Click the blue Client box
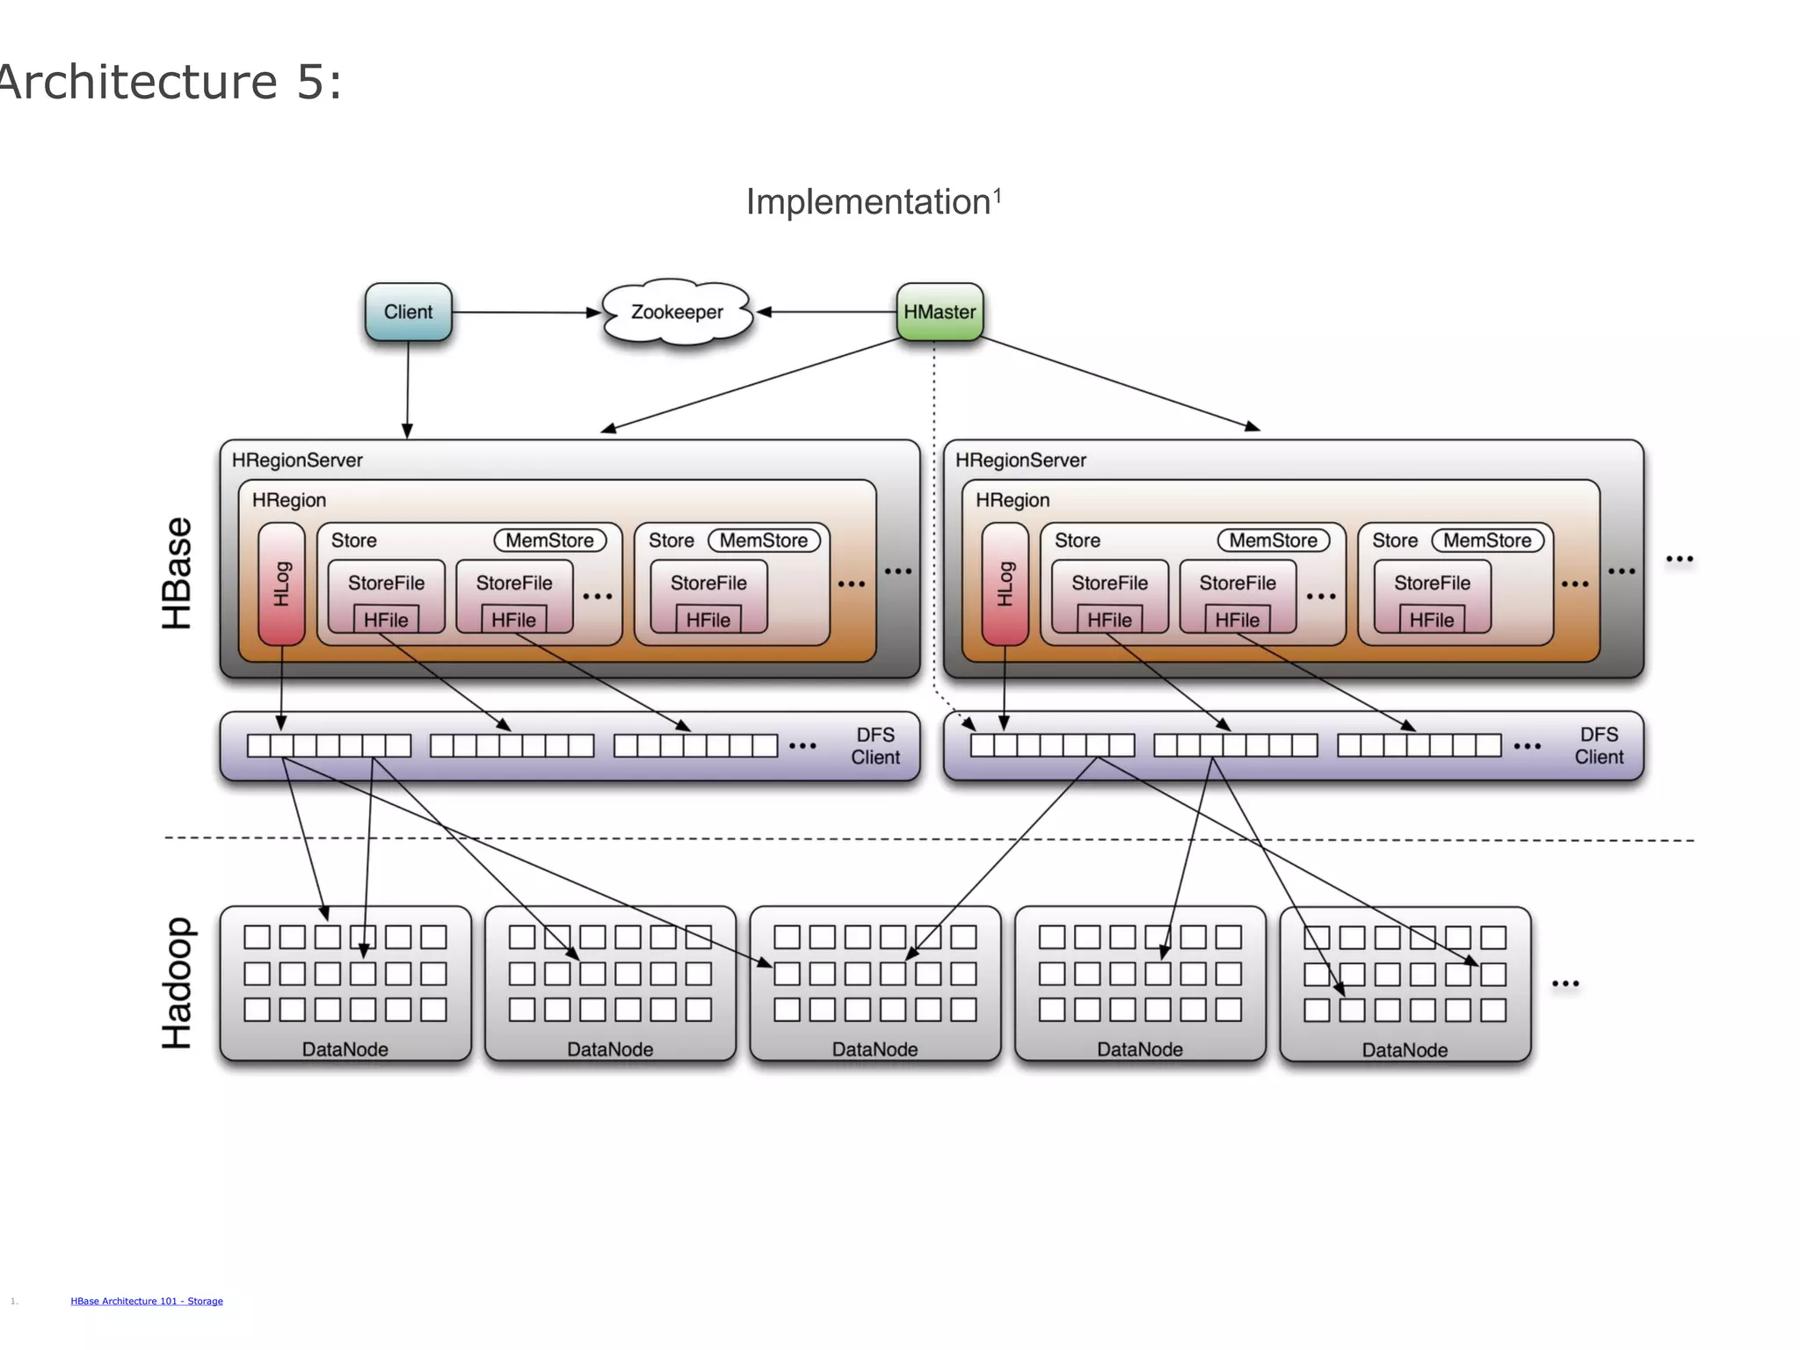coord(408,312)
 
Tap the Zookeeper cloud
coord(677,312)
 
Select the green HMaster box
coord(940,312)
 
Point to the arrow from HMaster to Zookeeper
coord(826,312)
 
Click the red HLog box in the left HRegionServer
coord(281,584)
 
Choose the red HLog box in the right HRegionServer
coord(1005,584)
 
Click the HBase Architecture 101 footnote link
coord(147,1301)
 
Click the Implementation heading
coord(868,202)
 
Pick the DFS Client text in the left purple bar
coord(875,746)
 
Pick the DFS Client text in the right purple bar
coord(1599,746)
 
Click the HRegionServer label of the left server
coord(297,461)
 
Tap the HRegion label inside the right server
coord(1012,500)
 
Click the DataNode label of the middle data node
coord(875,1049)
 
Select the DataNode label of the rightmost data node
coord(1404,1050)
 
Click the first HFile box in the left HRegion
coord(386,620)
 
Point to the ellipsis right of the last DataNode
coord(1565,983)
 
